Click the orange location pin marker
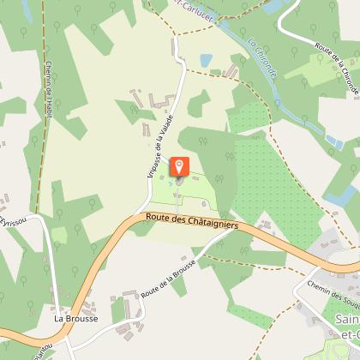(180, 167)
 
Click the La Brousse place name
(75, 318)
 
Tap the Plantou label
(39, 351)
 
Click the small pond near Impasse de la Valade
(206, 61)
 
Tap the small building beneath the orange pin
(178, 182)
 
